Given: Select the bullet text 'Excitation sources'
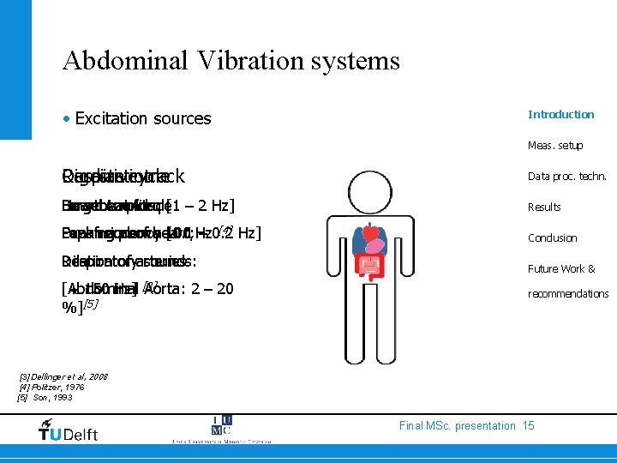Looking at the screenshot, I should click(142, 118).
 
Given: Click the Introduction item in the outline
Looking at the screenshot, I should click(560, 114).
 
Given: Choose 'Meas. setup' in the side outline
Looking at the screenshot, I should click(555, 146).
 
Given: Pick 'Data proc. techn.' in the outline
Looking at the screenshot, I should click(567, 176).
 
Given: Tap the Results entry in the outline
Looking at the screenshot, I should click(544, 207).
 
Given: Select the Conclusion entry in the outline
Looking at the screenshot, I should click(552, 238).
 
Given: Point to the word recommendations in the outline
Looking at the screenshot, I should click(568, 294).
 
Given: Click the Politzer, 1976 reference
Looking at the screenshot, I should click(57, 387).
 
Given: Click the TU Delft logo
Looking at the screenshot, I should click(68, 429).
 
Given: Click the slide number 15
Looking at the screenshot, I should click(528, 425).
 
